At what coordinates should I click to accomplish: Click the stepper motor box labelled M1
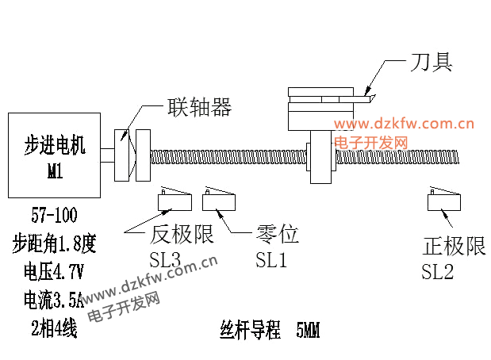(x=55, y=155)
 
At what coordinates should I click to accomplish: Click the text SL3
(x=166, y=259)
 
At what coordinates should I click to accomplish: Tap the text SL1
(x=270, y=259)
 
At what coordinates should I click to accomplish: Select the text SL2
(x=438, y=272)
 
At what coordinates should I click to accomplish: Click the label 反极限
(x=182, y=236)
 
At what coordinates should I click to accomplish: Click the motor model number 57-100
(x=55, y=213)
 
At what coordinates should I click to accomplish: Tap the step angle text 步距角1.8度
(x=54, y=243)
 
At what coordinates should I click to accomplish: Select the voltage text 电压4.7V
(x=54, y=272)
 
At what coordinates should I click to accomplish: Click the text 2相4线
(x=54, y=327)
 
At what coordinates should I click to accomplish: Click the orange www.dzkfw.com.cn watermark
(x=404, y=124)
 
